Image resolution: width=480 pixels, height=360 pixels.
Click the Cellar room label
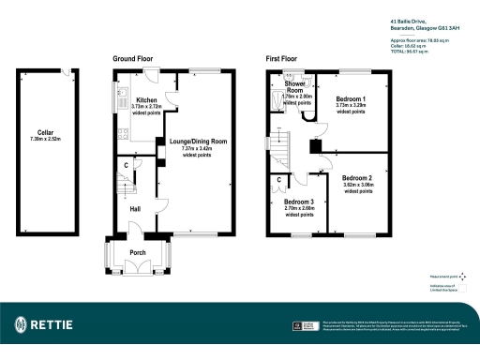click(x=46, y=133)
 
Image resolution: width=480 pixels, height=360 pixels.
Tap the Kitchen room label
click(x=145, y=100)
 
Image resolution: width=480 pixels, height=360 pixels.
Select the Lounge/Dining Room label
click(x=200, y=142)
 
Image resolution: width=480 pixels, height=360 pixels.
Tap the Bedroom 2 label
click(x=357, y=178)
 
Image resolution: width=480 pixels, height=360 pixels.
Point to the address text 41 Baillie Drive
click(x=410, y=21)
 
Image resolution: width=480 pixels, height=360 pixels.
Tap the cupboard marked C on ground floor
click(x=126, y=165)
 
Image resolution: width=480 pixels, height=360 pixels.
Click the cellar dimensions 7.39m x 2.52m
click(x=46, y=140)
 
